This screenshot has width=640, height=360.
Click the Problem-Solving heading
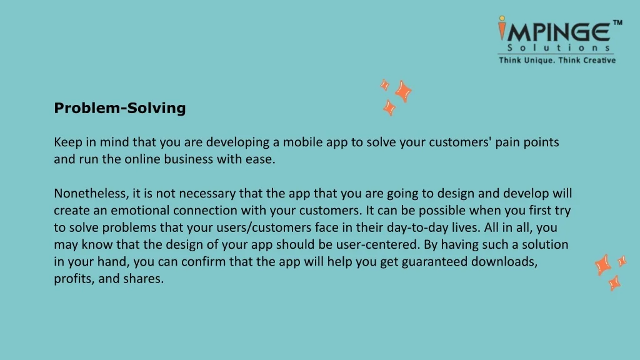click(120, 108)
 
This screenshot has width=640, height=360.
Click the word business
click(189, 159)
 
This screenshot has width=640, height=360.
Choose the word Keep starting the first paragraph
click(67, 142)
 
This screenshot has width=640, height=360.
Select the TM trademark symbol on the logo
click(617, 23)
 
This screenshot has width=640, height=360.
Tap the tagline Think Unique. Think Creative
click(557, 60)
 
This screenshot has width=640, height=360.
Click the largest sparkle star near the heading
click(403, 91)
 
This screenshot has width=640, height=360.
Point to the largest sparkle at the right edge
click(603, 264)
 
